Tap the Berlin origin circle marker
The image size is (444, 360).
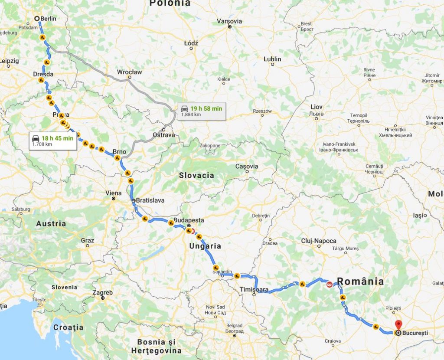37,19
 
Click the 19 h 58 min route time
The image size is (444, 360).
206,108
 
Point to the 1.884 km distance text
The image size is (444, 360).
191,115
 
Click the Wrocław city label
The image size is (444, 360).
129,72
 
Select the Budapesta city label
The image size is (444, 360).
189,220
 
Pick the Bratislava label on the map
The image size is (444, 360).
150,200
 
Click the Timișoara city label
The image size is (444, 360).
254,289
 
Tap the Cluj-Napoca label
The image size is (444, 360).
319,241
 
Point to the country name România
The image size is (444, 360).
361,281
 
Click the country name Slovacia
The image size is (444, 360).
196,175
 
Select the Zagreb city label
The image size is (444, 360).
103,292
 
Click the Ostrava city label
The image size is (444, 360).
164,135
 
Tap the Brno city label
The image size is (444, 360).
119,151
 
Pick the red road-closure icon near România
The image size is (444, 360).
330,285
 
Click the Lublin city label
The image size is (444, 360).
272,59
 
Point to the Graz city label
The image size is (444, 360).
87,240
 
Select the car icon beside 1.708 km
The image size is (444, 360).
35,138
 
